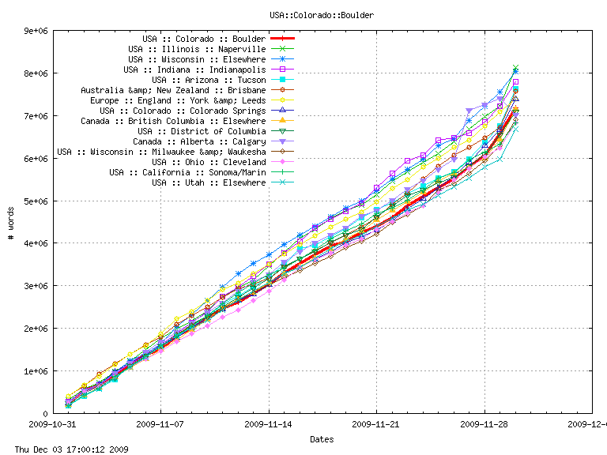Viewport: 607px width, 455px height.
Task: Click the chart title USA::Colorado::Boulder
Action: pyautogui.click(x=321, y=15)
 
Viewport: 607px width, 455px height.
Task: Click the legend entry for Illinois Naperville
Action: pyautogui.click(x=197, y=49)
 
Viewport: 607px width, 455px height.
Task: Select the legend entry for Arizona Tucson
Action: pyautogui.click(x=209, y=80)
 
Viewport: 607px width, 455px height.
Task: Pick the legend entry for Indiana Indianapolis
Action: pyautogui.click(x=200, y=70)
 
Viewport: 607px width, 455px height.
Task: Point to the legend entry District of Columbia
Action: pyautogui.click(x=202, y=131)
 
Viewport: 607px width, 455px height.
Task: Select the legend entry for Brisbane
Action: pyautogui.click(x=173, y=90)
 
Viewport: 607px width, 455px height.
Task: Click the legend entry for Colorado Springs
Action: pyautogui.click(x=183, y=111)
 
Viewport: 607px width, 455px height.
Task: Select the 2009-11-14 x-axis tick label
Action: pyautogui.click(x=269, y=424)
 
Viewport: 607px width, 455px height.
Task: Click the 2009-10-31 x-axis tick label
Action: pyautogui.click(x=53, y=424)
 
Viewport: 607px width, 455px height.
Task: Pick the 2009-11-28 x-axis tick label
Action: pyautogui.click(x=484, y=424)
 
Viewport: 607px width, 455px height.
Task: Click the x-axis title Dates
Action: pyautogui.click(x=322, y=439)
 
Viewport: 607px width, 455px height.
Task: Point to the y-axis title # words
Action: pyautogui.click(x=12, y=222)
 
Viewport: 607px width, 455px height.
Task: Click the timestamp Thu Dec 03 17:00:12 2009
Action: pyautogui.click(x=66, y=449)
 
